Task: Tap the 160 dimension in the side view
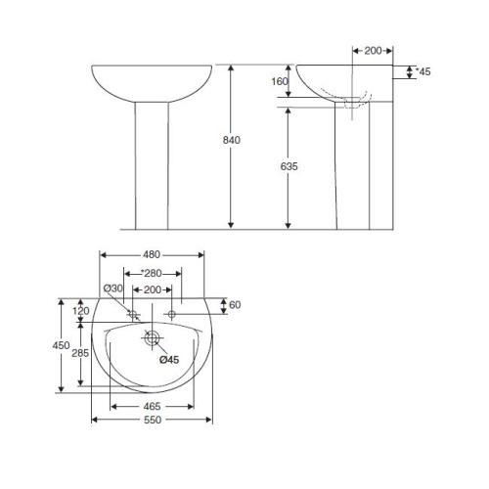pos(280,81)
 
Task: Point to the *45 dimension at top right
pos(423,71)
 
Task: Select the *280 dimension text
pos(152,273)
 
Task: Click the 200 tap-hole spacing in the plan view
pos(152,290)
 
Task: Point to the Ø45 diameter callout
pos(168,360)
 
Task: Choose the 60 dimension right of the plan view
pos(235,305)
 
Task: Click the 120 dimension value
pos(81,311)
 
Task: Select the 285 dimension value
pos(81,354)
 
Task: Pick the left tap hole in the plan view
pos(132,314)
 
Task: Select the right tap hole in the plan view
pos(172,314)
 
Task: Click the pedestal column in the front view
pos(153,166)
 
